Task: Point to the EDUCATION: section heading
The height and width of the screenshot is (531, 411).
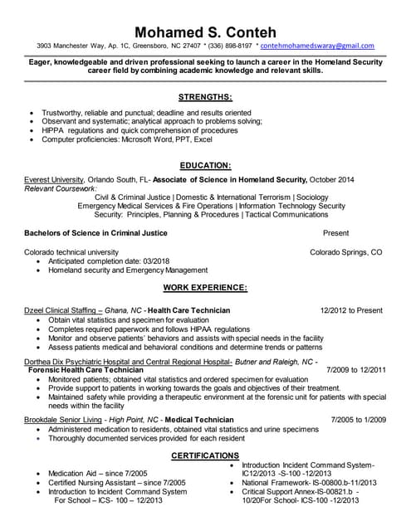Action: pos(205,165)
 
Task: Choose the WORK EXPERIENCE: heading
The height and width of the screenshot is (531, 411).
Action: pos(205,287)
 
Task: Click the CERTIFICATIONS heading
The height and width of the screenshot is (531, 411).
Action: pos(205,456)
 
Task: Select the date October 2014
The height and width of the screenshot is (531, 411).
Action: pos(332,179)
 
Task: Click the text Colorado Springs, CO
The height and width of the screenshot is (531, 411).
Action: pos(346,251)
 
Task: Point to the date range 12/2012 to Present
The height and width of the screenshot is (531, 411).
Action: pos(351,310)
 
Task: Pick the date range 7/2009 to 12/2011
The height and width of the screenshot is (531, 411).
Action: pos(356,370)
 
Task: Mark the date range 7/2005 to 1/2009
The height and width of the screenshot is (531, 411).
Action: pos(359,421)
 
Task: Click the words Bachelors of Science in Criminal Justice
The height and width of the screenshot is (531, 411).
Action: pos(95,233)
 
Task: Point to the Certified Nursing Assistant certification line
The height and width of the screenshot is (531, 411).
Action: pos(116,482)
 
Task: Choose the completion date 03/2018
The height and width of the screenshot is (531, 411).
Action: pos(173,261)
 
